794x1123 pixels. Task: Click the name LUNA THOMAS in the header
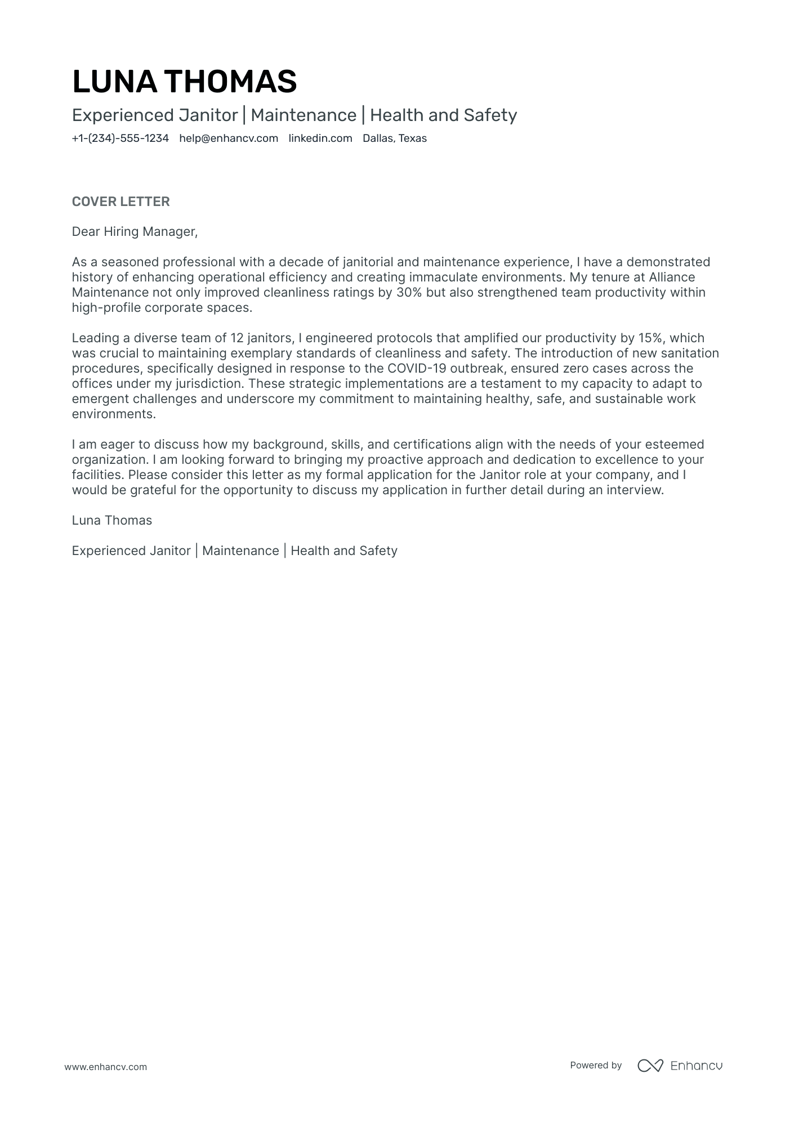pos(184,82)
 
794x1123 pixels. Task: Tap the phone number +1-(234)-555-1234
pos(120,138)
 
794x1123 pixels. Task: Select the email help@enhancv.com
pos(229,138)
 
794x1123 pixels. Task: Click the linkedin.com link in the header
pos(320,138)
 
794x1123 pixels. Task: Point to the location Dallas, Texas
pos(394,138)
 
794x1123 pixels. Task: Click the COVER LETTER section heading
pos(121,202)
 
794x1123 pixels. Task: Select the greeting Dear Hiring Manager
pos(135,231)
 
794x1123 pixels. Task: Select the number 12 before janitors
pos(237,338)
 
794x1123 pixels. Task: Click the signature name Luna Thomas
pos(111,520)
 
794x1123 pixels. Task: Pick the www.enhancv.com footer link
pos(105,1067)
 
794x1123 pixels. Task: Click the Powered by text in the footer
pos(595,1065)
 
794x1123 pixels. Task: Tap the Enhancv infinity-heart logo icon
pos(650,1065)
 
